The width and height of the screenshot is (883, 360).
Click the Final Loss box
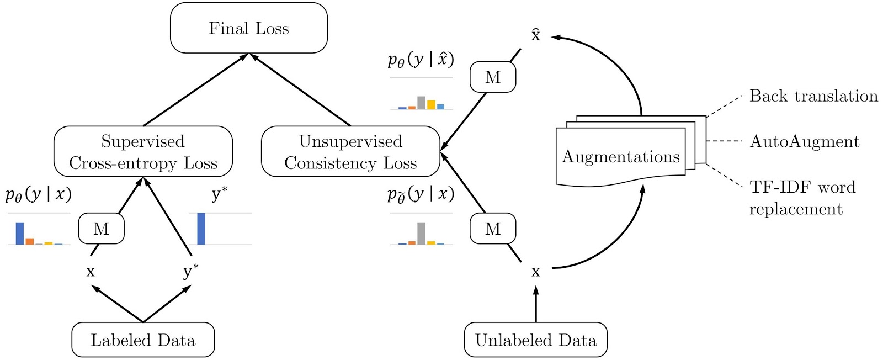click(249, 28)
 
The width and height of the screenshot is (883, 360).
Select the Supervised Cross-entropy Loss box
click(143, 152)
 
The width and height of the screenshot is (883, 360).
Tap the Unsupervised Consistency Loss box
click(350, 152)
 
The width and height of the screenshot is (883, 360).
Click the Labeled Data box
click(143, 340)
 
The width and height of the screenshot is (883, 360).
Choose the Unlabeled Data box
click(535, 340)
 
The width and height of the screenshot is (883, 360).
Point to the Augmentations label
click(621, 157)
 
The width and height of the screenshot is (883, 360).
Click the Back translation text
click(813, 96)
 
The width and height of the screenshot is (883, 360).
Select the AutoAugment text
click(805, 142)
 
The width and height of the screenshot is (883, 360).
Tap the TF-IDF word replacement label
click(802, 198)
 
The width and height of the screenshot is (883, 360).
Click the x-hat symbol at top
click(535, 35)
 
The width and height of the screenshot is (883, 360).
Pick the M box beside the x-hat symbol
click(493, 77)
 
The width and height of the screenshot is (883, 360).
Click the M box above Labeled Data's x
click(102, 229)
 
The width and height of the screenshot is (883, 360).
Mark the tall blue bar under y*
click(201, 229)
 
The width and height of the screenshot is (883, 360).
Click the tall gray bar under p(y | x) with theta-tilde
click(421, 234)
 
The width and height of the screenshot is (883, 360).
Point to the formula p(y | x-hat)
click(421, 59)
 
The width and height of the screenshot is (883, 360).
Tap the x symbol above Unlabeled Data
click(535, 272)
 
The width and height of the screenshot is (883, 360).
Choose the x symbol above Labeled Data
click(91, 272)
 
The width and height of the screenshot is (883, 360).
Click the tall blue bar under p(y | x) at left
click(20, 234)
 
